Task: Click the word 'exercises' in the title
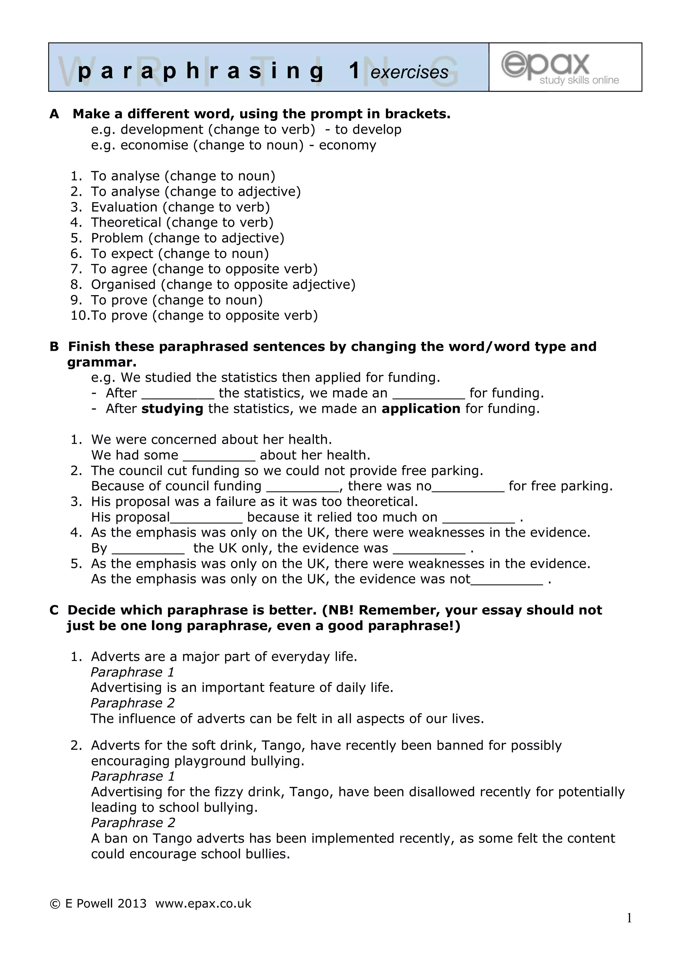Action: click(409, 72)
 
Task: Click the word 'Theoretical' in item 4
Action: click(126, 222)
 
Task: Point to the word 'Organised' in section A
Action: click(123, 284)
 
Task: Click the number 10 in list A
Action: click(78, 315)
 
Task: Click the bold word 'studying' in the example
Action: click(172, 409)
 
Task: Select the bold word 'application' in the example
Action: click(420, 409)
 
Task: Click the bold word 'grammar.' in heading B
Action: click(102, 362)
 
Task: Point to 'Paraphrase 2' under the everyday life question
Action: click(133, 703)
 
